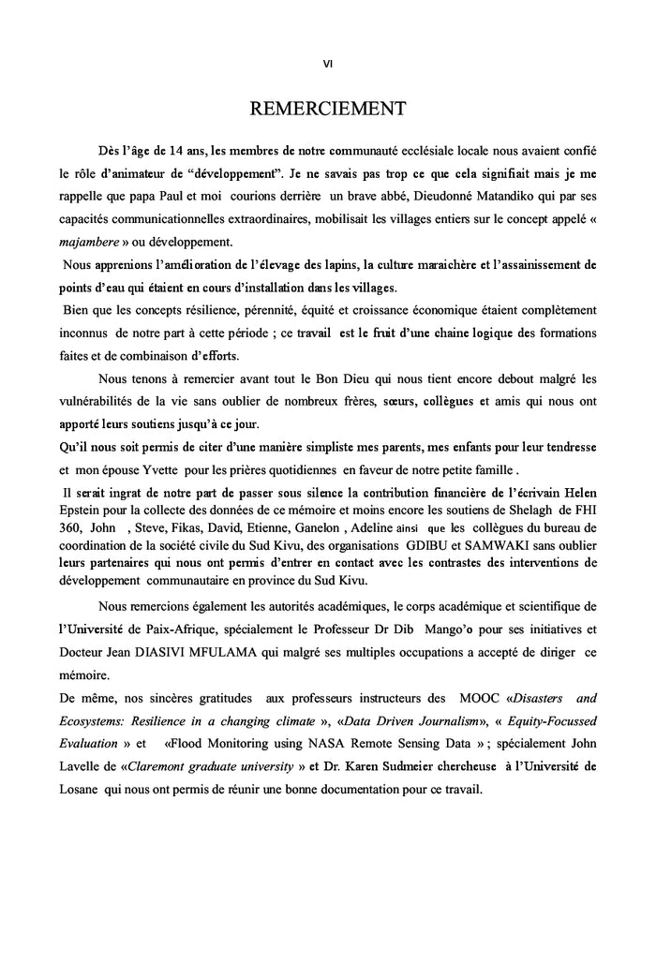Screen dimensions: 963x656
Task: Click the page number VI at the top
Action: point(327,64)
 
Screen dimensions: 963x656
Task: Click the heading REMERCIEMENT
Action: point(327,109)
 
